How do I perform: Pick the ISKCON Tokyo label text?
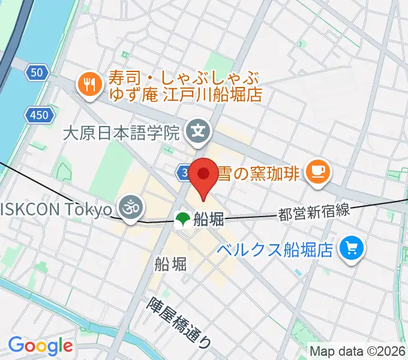click(56, 209)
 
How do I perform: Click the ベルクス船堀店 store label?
click(275, 249)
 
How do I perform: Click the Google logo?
click(40, 346)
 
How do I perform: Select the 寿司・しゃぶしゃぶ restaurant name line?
click(184, 78)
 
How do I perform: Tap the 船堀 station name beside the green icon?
click(209, 220)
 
